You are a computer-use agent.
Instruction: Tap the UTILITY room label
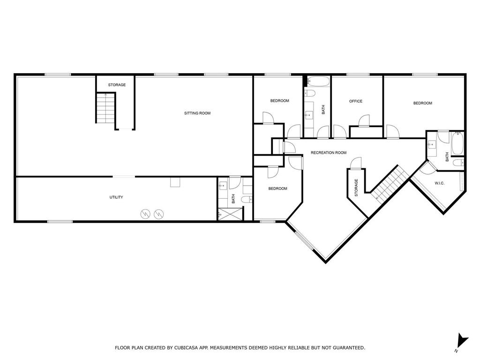point(116,197)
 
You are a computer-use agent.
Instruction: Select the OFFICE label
point(356,101)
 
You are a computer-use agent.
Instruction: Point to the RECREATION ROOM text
point(329,153)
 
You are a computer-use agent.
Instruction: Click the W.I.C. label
point(439,183)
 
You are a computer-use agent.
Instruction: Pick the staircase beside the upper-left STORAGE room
point(105,108)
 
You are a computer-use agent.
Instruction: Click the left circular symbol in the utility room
point(146,214)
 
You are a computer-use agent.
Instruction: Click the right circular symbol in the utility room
point(159,214)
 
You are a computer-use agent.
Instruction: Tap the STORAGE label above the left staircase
point(117,85)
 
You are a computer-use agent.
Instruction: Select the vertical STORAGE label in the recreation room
point(356,187)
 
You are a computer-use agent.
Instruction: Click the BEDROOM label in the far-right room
point(422,103)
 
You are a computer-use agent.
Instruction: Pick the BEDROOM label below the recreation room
point(277,188)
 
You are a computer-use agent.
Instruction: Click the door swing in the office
point(363,120)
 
